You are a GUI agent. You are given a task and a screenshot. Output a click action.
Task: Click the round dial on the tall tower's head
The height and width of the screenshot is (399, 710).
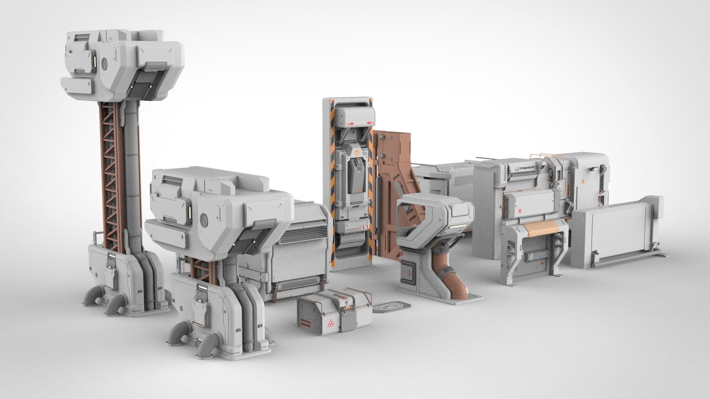[105, 63]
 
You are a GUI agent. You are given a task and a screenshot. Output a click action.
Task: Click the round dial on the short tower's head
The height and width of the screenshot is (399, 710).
[205, 219]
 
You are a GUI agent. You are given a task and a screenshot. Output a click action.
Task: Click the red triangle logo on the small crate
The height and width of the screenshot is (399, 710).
[331, 325]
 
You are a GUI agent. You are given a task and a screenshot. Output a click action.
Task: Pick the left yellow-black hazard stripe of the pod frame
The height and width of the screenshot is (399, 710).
[332, 186]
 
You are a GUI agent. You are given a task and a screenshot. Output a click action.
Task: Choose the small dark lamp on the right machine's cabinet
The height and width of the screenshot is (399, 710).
[593, 169]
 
